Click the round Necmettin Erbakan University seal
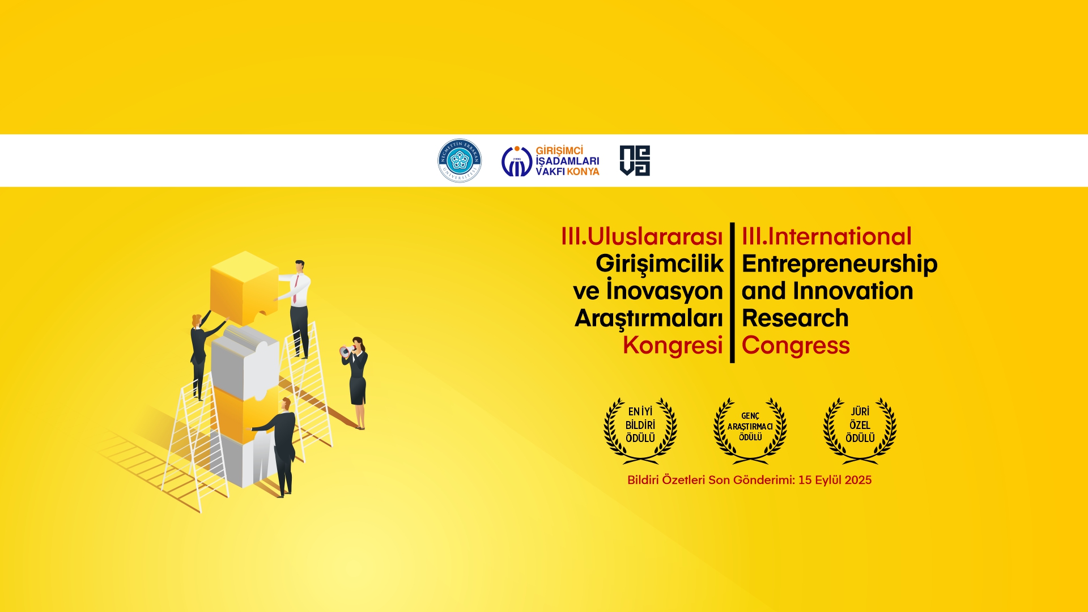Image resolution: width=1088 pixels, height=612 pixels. point(460,160)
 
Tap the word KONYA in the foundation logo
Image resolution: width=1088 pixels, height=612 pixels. point(583,172)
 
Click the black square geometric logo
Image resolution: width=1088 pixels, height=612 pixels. point(635,160)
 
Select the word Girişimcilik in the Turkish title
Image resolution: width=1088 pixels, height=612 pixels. point(660,264)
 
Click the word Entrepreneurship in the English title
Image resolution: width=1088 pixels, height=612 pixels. point(840,264)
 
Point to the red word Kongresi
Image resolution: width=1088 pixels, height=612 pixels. point(673,345)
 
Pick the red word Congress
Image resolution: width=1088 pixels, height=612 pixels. point(796,346)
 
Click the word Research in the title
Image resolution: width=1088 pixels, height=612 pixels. point(795,318)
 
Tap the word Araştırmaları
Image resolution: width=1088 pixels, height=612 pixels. point(649,318)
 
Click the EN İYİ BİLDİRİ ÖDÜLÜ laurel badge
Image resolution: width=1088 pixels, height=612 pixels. point(640,430)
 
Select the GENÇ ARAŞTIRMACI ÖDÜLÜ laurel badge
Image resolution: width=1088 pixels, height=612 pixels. point(750,430)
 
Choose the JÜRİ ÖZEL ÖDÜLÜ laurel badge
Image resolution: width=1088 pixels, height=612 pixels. point(860,430)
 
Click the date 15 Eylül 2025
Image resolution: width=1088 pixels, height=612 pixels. point(835,480)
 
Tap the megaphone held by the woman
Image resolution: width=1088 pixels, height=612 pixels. point(345,351)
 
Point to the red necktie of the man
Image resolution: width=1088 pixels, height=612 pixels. point(295,289)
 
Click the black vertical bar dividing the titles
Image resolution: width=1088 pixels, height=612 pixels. point(732,292)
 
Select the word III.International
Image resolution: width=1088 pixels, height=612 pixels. point(827,236)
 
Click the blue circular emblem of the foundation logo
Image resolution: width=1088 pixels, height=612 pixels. point(517,161)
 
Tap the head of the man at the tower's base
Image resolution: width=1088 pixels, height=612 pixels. point(286,404)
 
